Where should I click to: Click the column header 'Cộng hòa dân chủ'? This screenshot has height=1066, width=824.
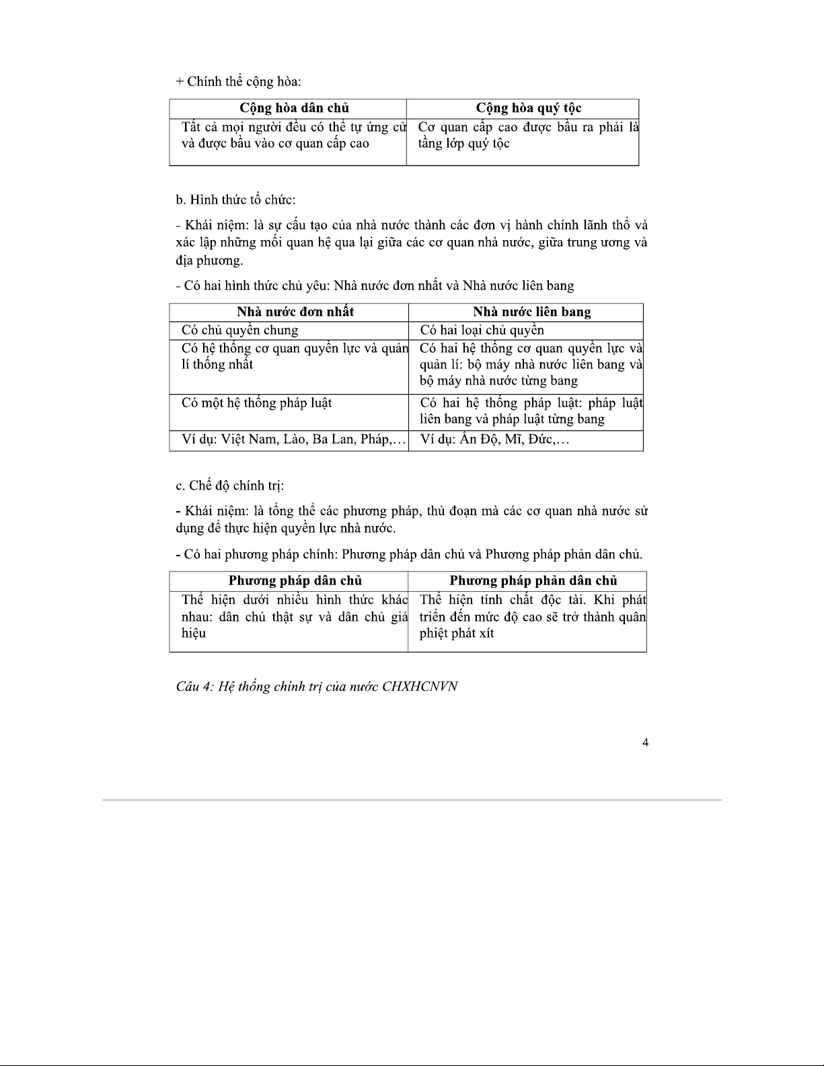[294, 108]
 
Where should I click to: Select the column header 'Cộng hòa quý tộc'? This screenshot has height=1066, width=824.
[528, 108]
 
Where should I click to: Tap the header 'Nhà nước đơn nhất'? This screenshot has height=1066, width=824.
[295, 312]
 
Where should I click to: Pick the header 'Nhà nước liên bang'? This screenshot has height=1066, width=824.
[531, 312]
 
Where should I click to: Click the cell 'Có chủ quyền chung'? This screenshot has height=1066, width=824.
[239, 330]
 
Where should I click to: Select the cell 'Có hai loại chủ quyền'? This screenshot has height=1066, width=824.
[482, 330]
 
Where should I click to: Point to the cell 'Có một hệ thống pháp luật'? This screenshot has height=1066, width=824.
[256, 403]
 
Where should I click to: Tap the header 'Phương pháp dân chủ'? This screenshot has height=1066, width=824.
[295, 581]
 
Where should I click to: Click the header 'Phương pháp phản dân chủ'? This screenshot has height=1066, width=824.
[533, 581]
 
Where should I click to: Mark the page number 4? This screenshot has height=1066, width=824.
[645, 743]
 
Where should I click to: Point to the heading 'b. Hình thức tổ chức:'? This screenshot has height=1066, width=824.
[235, 200]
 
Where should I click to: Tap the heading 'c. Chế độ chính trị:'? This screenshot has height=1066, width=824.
[229, 486]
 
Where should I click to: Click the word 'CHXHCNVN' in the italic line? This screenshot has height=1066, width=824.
[420, 687]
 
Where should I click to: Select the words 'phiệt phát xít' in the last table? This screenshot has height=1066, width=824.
[456, 634]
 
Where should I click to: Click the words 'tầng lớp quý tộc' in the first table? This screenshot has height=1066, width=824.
[463, 143]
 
